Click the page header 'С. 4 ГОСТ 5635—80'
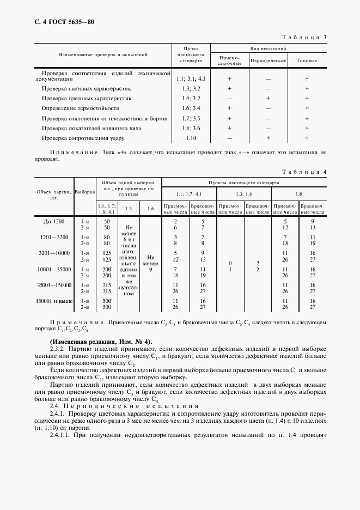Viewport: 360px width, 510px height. click(57, 22)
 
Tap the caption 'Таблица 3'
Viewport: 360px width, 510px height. click(304, 38)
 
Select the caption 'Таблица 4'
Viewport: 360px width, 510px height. click(304, 172)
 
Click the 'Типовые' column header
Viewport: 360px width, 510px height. click(307, 60)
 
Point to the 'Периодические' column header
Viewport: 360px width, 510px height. click(268, 60)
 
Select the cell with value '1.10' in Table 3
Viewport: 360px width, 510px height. click(191, 138)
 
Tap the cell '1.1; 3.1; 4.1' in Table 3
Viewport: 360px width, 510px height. click(191, 78)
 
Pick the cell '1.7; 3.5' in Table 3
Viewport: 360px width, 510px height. click(191, 118)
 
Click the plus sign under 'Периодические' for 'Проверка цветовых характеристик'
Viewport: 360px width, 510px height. click(268, 98)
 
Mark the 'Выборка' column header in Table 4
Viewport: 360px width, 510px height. click(84, 192)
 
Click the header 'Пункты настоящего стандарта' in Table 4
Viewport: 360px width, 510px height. click(243, 184)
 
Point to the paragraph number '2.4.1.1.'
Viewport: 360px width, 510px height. click(63, 435)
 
